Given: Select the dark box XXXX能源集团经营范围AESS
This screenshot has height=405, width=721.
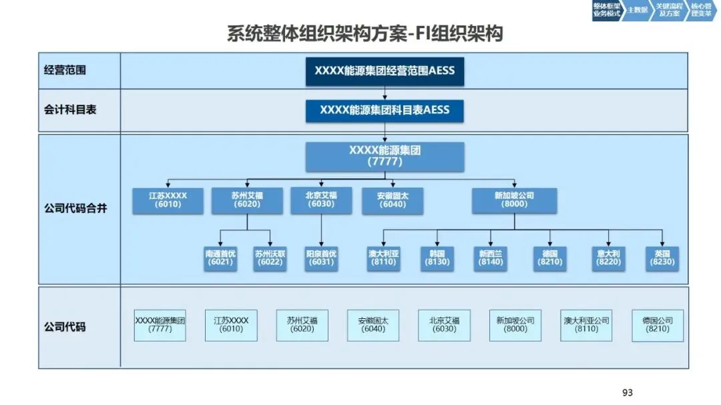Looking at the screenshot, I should pos(385,71).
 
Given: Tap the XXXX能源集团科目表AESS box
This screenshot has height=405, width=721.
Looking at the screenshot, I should pos(385,110).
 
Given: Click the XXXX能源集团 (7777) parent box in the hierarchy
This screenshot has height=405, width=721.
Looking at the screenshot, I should pos(385,156).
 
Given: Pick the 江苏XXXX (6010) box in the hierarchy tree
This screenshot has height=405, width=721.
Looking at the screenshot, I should pos(168,200).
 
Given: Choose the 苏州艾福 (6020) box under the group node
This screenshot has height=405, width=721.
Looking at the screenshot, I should pos(247,200).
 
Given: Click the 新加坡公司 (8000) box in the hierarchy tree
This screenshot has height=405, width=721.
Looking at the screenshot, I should pos(514,200).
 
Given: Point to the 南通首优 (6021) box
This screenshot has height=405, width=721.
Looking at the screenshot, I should pos(220,258).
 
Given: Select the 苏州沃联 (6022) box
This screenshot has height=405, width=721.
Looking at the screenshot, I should pos(270,258).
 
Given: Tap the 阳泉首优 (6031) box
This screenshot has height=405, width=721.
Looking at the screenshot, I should pos(321,258).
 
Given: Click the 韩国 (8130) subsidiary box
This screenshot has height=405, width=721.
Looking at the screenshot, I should pos(437,258).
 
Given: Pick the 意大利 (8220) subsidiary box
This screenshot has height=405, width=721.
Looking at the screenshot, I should pos(607,258).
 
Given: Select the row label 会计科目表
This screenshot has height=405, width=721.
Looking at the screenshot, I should pos(70,109).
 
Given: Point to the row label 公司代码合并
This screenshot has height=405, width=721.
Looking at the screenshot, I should pos(75,208).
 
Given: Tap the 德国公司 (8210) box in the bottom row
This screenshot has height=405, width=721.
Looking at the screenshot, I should pos(658,325).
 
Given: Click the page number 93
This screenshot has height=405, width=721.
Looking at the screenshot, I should pos(627,392).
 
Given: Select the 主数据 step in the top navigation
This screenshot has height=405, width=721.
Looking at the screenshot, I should pos(638,11).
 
